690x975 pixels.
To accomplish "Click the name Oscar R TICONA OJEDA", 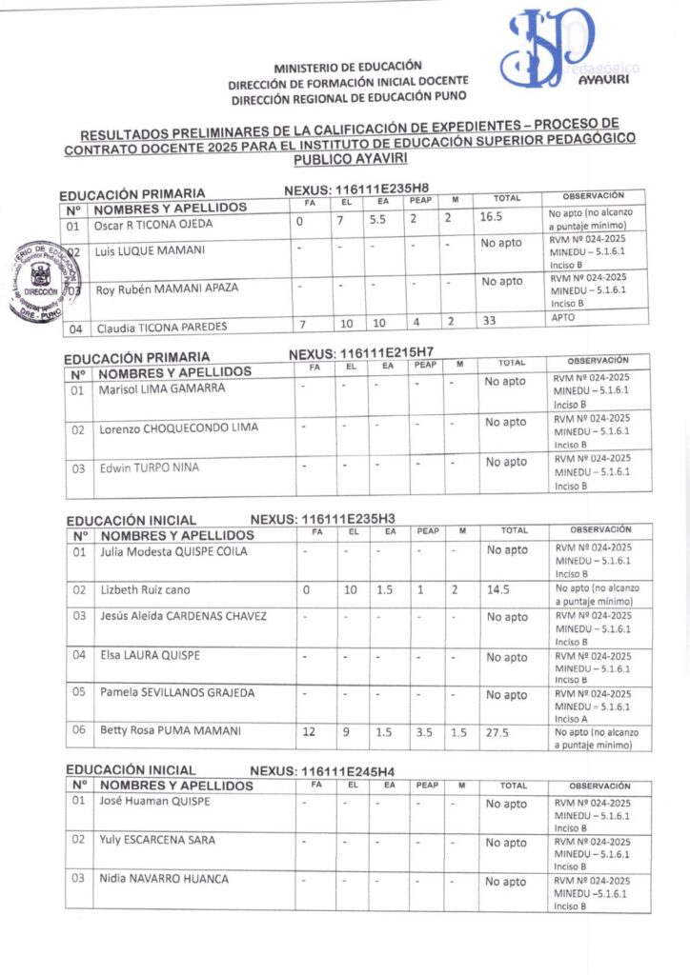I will (152, 225).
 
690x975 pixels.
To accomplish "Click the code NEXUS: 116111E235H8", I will (356, 189).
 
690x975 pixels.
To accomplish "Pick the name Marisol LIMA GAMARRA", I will (160, 388).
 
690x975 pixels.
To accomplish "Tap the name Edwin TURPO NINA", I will (151, 468).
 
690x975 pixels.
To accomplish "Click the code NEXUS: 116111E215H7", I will (361, 353).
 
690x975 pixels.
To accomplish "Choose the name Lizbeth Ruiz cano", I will (145, 590).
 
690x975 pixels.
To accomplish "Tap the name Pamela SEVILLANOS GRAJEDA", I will (177, 692).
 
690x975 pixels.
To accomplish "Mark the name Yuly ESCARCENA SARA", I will (157, 840).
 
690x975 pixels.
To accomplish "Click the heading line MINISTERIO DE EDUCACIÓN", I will (348, 68).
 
